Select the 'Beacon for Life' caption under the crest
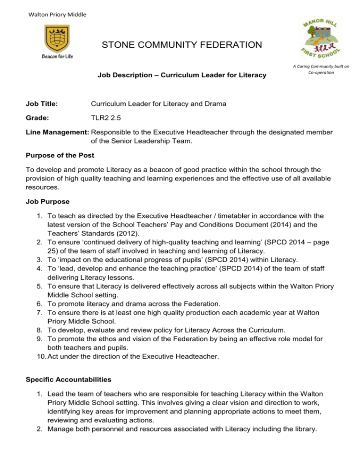[58, 57]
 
